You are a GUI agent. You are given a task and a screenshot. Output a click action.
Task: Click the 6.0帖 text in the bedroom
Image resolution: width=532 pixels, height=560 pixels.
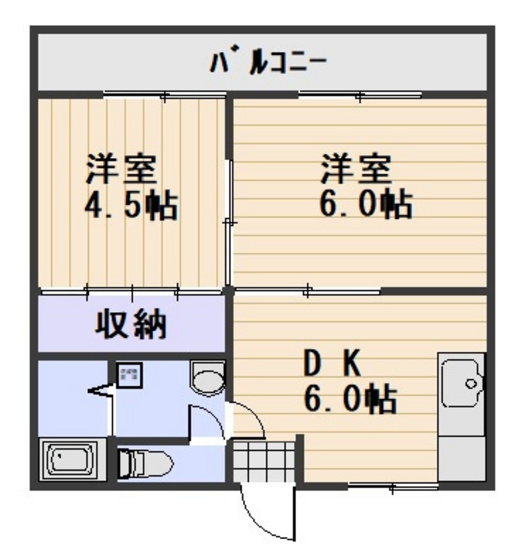[366, 206]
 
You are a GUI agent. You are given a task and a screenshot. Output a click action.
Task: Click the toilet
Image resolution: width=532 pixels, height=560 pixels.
[146, 463]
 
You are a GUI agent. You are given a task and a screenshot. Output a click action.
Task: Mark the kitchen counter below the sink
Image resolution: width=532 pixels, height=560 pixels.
[463, 450]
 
